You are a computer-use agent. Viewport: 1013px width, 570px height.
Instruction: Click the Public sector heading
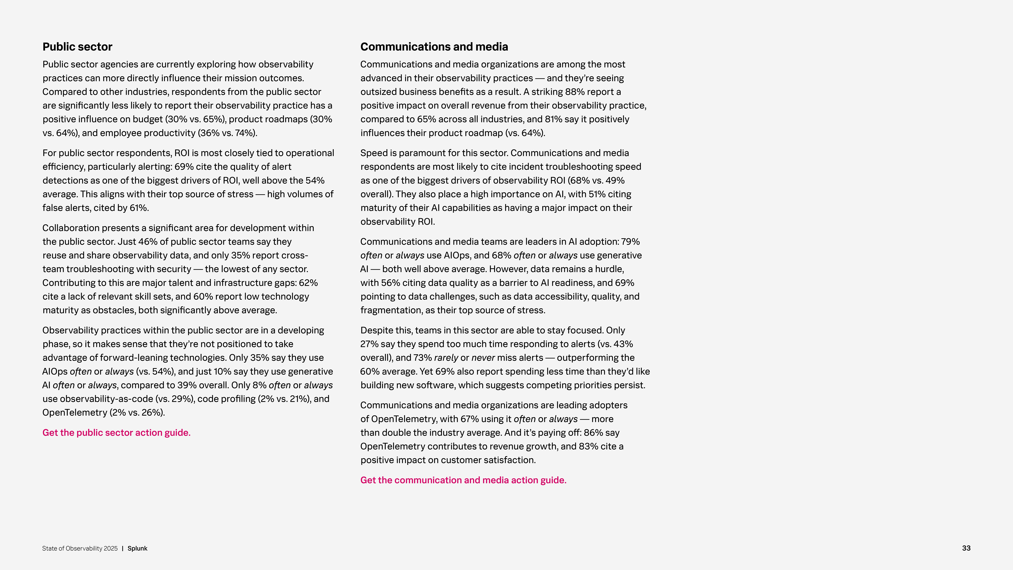[x=77, y=47]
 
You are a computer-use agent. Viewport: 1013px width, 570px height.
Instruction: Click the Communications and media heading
[x=434, y=47]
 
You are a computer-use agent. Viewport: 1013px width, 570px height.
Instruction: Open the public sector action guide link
[x=116, y=433]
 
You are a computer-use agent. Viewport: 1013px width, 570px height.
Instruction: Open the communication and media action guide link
[x=463, y=480]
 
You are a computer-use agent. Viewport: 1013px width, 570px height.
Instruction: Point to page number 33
[x=966, y=548]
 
